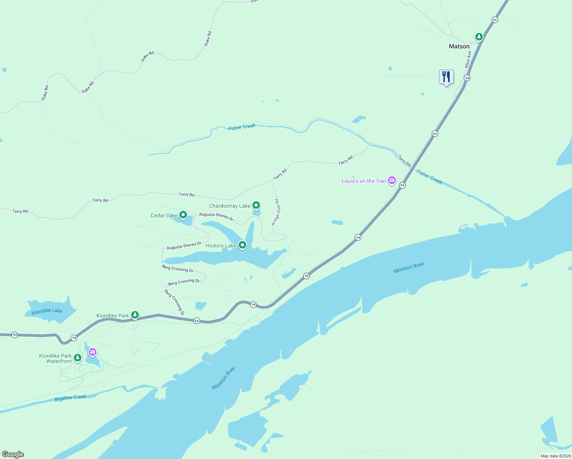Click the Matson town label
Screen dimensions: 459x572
coord(459,46)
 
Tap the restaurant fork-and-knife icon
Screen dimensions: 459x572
coord(446,77)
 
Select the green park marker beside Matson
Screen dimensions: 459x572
coord(479,37)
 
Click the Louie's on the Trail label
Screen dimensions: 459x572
coord(364,181)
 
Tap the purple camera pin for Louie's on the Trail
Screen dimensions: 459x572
coord(392,181)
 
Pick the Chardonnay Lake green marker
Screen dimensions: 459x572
coord(256,205)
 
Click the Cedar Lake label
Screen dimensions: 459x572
coord(164,215)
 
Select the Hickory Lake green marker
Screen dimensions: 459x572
coord(242,245)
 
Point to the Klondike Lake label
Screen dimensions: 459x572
coord(47,311)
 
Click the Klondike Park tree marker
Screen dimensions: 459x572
coord(135,315)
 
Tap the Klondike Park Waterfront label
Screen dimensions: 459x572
coord(55,358)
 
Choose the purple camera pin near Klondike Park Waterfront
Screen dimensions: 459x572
coord(92,352)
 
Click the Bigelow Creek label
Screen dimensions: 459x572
coord(70,398)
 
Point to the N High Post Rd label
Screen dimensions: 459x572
coord(276,212)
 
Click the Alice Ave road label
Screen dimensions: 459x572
coord(468,60)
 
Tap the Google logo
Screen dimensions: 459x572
coord(13,454)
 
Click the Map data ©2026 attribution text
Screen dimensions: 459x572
coord(555,456)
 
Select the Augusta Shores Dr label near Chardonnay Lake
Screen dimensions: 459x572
coord(216,216)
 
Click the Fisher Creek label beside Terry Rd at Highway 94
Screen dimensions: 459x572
coord(429,177)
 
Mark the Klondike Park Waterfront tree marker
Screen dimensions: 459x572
coord(78,358)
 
